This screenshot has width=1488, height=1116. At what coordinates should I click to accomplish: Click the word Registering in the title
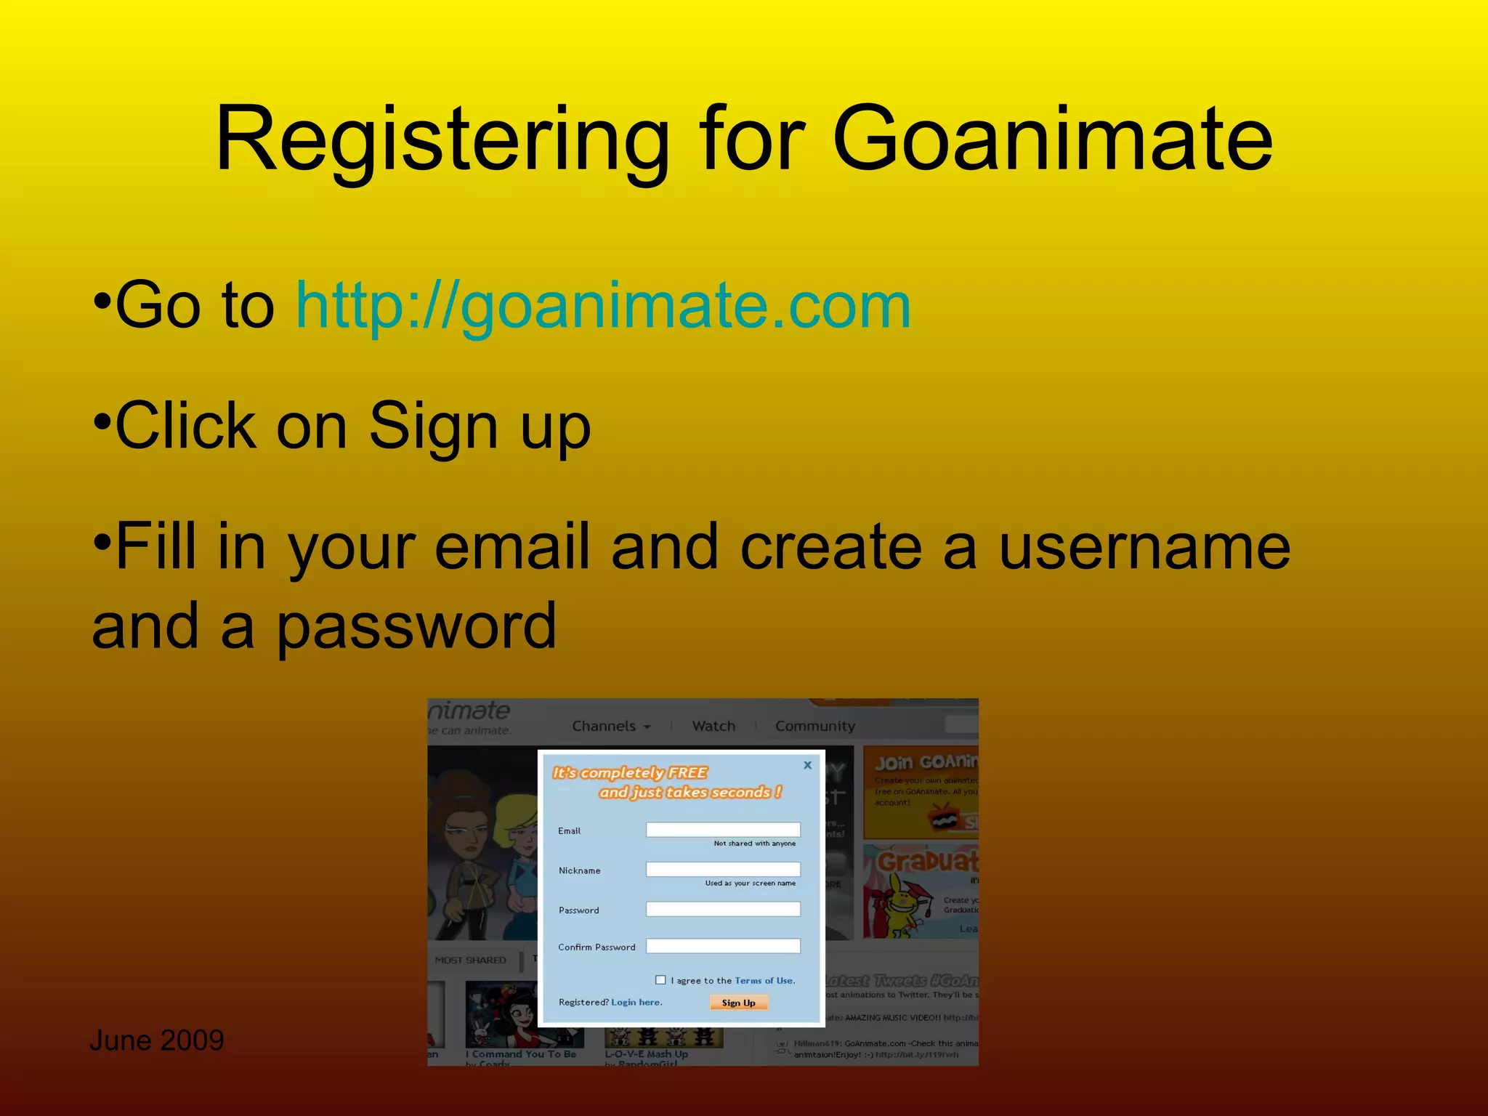(x=442, y=139)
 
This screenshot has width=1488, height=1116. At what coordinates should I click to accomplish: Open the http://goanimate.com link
(x=603, y=307)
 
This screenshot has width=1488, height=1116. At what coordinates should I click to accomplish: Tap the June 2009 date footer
(x=156, y=1040)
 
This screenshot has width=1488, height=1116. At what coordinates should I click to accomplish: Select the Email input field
(x=723, y=830)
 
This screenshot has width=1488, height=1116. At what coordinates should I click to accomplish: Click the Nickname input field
(x=723, y=870)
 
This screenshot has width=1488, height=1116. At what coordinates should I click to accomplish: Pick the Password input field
(x=723, y=910)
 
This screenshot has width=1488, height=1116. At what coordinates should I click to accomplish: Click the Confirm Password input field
(x=723, y=946)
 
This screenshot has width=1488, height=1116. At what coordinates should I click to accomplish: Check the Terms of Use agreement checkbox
(x=660, y=980)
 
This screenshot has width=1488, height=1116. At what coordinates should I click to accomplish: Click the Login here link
(x=636, y=1003)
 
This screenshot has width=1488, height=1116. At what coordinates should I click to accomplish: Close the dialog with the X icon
(x=807, y=765)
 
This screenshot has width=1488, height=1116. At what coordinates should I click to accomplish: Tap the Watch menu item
(x=713, y=727)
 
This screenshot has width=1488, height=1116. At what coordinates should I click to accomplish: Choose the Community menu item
(x=814, y=727)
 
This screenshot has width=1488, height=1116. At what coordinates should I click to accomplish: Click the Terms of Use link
(x=764, y=981)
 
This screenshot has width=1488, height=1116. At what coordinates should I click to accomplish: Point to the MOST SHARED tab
(x=470, y=961)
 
